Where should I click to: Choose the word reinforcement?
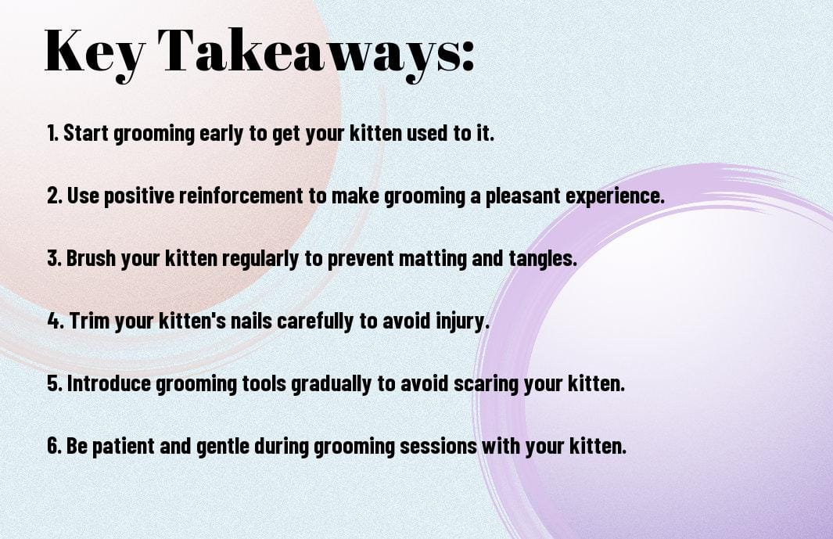(x=241, y=196)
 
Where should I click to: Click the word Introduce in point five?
(x=109, y=383)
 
